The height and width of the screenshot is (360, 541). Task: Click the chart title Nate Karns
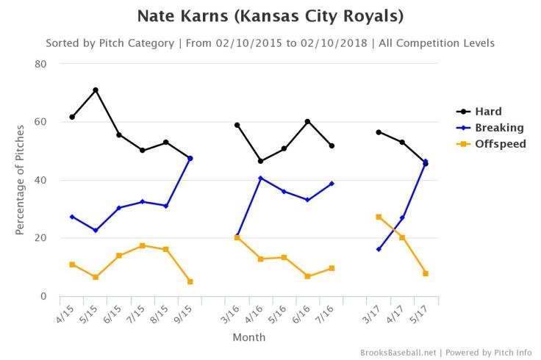coord(270,16)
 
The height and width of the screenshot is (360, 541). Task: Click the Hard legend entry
coord(487,112)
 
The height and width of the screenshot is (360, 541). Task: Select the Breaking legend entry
coord(499,128)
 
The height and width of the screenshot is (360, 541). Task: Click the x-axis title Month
coord(248,338)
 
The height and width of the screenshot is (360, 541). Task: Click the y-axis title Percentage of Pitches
coord(20,180)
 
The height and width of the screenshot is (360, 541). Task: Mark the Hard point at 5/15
coord(96,90)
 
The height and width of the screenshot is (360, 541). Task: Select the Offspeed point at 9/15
coord(190,281)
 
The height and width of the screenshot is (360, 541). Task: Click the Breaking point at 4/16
coord(261,178)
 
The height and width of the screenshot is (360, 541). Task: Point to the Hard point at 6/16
coord(308,122)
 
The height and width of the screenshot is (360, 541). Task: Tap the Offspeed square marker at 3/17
coord(379,217)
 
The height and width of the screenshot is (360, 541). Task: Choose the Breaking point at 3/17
coord(379,249)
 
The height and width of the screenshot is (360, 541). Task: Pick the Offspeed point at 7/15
coord(143,245)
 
